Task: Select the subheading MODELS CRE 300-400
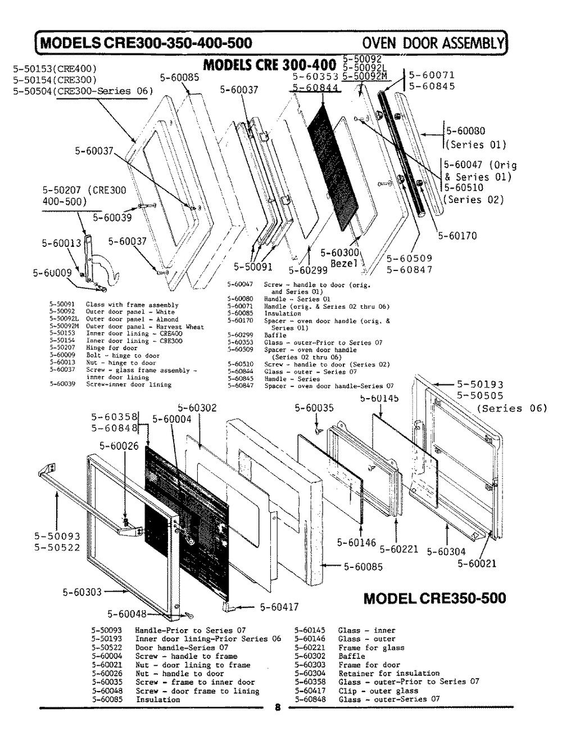269,64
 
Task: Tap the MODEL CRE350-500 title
434,598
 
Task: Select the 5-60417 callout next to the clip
279,607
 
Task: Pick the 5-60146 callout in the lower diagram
356,543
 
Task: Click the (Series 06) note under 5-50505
511,408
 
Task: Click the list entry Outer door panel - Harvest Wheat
145,327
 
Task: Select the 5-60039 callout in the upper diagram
112,218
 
